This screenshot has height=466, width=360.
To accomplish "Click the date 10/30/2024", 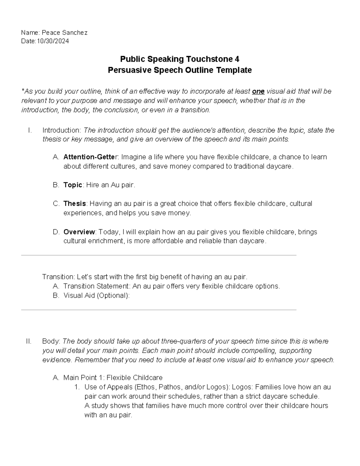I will click(x=52, y=41).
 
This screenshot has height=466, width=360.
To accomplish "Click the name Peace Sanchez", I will click(x=64, y=33).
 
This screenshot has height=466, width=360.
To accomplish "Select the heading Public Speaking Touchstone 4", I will click(x=179, y=59).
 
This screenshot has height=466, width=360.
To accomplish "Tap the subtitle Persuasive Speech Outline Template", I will click(x=179, y=70).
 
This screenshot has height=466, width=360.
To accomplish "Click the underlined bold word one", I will click(x=258, y=92).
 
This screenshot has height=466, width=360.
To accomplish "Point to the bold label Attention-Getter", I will click(x=91, y=157).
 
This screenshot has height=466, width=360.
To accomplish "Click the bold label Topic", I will click(x=73, y=185).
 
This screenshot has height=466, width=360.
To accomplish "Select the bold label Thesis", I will click(x=75, y=204).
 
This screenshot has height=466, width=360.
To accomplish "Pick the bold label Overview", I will click(x=79, y=232).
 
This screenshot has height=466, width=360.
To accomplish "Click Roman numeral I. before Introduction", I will click(x=29, y=130).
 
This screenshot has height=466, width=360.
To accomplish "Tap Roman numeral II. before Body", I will click(x=29, y=341).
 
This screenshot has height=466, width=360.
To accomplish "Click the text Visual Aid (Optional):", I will click(x=97, y=296).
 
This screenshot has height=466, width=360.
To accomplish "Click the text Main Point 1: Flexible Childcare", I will click(x=113, y=377).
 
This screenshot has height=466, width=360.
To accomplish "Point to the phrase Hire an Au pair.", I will click(x=111, y=185).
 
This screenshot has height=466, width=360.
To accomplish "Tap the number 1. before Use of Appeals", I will click(x=77, y=387).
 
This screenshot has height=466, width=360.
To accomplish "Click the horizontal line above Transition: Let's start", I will click(x=159, y=255).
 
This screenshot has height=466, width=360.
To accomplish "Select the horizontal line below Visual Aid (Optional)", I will click(x=159, y=310).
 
